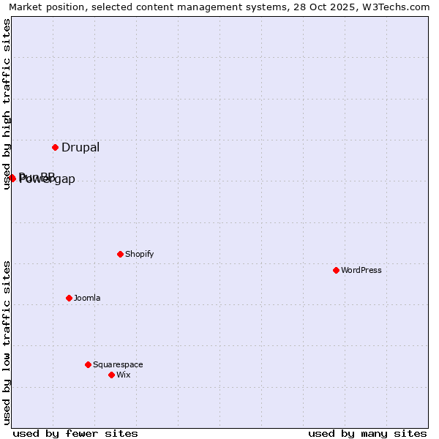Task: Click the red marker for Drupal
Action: coord(55,147)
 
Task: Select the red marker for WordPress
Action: coord(336,270)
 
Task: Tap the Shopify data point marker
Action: coord(120,254)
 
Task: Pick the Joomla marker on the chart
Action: coord(69,298)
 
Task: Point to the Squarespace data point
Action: coord(88,364)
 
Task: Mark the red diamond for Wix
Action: coord(111,375)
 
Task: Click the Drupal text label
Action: coord(80,147)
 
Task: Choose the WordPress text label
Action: coord(361,270)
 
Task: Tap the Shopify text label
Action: coord(139,254)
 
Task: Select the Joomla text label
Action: coord(87,298)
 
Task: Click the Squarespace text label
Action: coord(118,364)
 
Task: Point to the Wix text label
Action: coord(123,375)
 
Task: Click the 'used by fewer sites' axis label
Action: coord(75,433)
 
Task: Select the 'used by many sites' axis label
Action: coord(367,433)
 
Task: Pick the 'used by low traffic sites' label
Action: coord(7,342)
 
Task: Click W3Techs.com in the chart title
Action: coord(397,7)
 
